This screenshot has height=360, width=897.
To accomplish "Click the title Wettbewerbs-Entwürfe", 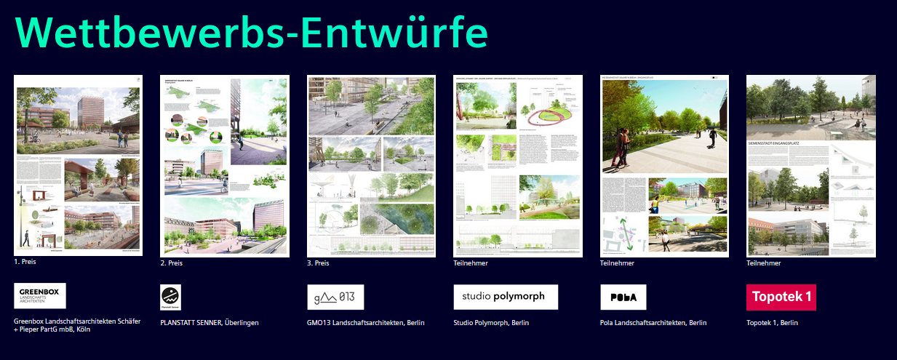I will (251, 31).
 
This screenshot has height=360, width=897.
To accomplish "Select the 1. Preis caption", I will (25, 261).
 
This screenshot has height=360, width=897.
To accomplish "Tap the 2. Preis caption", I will (171, 263).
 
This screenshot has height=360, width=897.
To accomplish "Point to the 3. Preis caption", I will (318, 263).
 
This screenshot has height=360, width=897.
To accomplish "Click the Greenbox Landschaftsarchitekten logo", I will (40, 296).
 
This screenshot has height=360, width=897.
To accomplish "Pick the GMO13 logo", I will (335, 297).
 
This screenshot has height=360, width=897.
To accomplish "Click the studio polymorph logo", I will (506, 297).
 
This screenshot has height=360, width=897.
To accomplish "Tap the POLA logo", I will (623, 297).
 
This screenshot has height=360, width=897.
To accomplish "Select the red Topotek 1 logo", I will (781, 297).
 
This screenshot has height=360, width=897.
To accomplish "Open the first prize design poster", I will (78, 165).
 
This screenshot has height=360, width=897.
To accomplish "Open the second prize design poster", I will (224, 166).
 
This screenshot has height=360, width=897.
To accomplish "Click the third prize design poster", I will (371, 166).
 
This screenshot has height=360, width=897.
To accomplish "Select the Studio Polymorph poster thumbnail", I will (518, 166).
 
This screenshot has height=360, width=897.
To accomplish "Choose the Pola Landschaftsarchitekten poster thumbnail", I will (664, 166).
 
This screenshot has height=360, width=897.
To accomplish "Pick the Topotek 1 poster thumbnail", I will (810, 166).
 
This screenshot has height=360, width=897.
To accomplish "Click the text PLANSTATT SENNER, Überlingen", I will (210, 322).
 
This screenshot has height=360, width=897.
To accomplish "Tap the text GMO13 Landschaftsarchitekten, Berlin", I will (365, 322).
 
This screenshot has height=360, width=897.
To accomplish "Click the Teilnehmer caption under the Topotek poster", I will (764, 263).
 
